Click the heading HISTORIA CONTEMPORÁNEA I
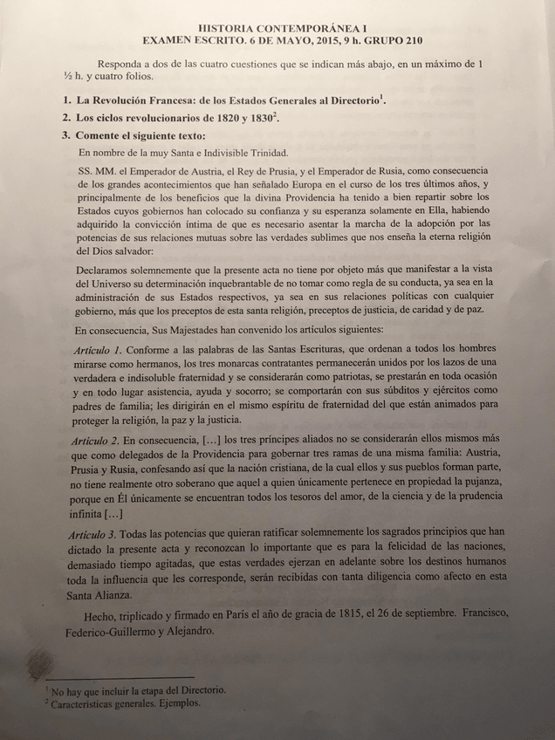point(278,29)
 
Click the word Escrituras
point(303,349)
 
